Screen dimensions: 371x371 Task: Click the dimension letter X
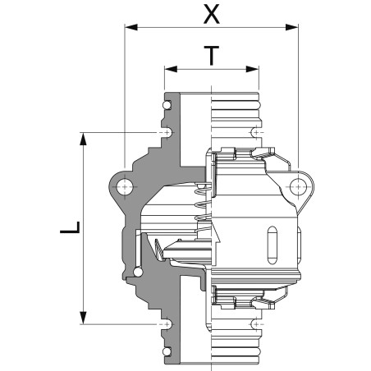212,14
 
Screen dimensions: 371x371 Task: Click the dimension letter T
212,56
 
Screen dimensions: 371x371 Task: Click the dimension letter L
70,227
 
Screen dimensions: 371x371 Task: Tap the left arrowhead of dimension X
131,27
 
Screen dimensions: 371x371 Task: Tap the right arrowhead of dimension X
291,27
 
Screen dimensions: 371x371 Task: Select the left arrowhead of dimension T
171,69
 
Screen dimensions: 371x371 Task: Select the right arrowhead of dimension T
252,69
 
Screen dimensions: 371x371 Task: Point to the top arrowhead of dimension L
83,139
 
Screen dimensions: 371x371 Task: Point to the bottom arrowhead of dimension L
83,318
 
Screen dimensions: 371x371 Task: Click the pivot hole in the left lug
125,187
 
